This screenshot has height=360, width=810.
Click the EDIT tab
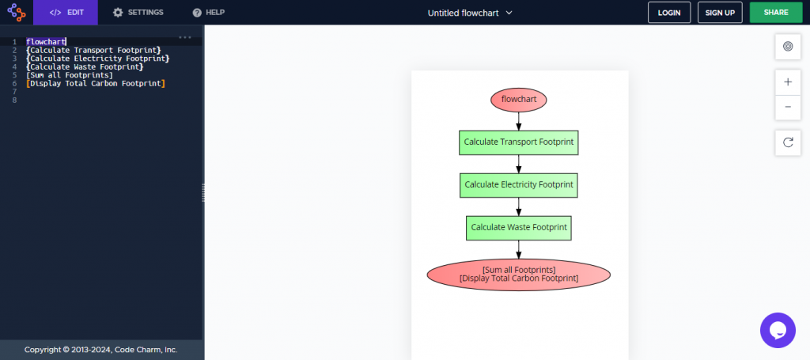point(66,13)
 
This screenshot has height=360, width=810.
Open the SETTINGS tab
point(138,13)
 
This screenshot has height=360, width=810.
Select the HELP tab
point(209,13)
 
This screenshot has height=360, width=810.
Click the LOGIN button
point(668,13)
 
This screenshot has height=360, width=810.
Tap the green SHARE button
point(775,13)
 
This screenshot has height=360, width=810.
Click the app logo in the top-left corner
point(17,13)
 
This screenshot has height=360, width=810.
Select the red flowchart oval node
point(518,100)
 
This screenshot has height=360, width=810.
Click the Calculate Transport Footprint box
point(518,142)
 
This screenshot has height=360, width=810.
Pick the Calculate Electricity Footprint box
point(518,185)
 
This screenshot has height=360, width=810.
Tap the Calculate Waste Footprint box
point(518,228)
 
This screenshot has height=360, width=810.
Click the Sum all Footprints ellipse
point(518,275)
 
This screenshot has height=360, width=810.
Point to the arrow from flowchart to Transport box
point(519,121)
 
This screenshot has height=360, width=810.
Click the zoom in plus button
point(787,82)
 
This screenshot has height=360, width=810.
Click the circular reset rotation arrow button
point(787,142)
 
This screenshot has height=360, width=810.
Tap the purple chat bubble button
point(777,329)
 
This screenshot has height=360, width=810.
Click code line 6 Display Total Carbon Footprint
point(96,83)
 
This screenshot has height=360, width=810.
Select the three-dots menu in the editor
point(185,37)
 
